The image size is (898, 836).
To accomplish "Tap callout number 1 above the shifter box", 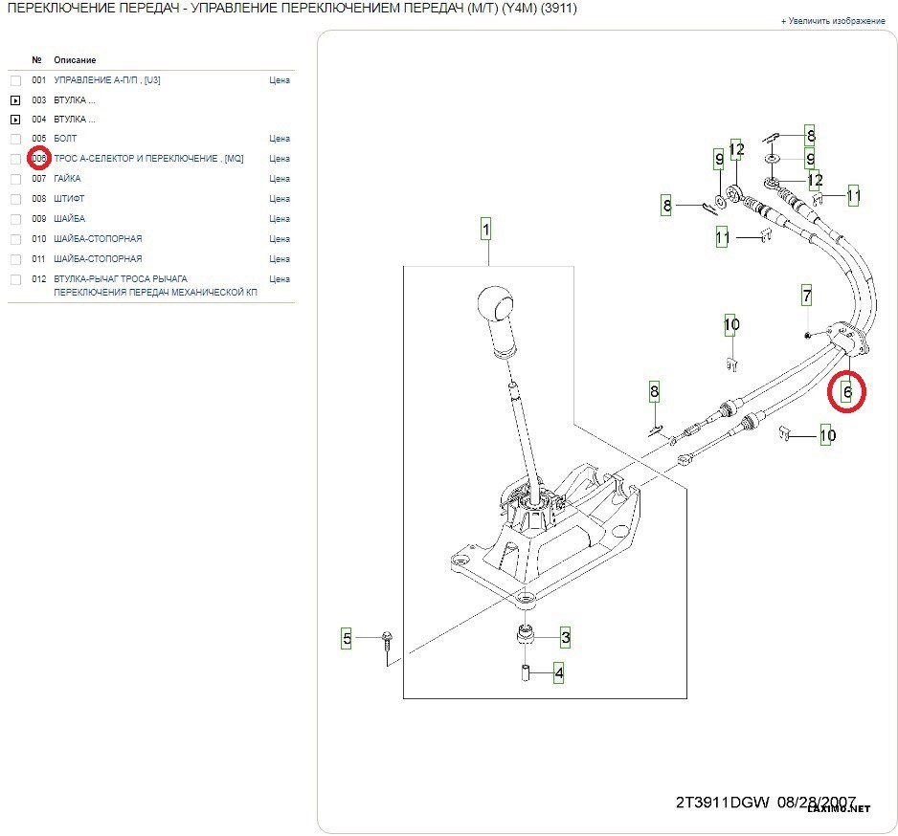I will pyautogui.click(x=485, y=230).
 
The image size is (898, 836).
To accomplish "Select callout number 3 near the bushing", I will pyautogui.click(x=565, y=637).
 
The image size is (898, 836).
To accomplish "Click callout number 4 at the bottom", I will pyautogui.click(x=558, y=673).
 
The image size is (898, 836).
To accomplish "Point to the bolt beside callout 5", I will pyautogui.click(x=386, y=640).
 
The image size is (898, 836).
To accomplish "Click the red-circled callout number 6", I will pyautogui.click(x=846, y=391).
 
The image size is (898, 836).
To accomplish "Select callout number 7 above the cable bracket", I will pyautogui.click(x=807, y=296).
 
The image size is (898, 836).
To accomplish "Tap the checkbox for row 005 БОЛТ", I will pyautogui.click(x=15, y=140).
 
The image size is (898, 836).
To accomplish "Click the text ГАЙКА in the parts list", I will pyautogui.click(x=67, y=179).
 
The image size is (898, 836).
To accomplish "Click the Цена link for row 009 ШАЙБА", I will pyautogui.click(x=280, y=219).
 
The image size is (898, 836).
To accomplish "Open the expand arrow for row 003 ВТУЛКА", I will pyautogui.click(x=15, y=99).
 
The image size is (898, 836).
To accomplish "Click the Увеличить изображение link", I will pyautogui.click(x=833, y=21).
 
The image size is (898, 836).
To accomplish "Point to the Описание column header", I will pyautogui.click(x=75, y=60).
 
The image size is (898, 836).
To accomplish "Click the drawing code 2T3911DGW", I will pyautogui.click(x=723, y=803).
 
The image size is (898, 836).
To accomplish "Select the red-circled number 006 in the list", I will pyautogui.click(x=39, y=159).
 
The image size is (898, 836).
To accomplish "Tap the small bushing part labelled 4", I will pyautogui.click(x=526, y=673).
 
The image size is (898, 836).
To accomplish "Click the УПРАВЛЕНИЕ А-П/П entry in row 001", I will pyautogui.click(x=107, y=80).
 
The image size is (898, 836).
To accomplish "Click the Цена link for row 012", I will pyautogui.click(x=280, y=279).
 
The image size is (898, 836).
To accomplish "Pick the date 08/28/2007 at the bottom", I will pyautogui.click(x=816, y=803).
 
